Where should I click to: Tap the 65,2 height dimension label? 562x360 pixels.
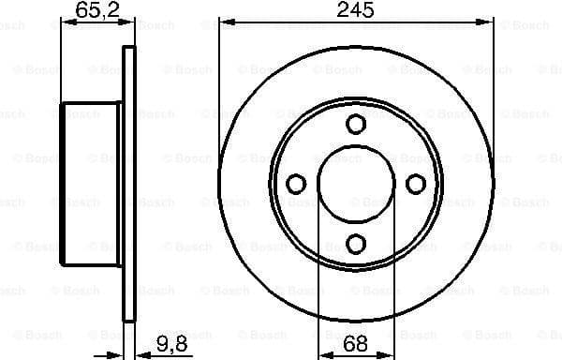coord(90,10)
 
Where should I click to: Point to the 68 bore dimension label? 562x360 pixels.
coord(354,343)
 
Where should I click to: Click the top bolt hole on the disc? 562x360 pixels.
coord(355,123)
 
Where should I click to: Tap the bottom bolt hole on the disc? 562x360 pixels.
coord(355,244)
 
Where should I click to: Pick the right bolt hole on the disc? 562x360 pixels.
coord(416,184)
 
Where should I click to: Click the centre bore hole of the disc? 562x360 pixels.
coord(355,184)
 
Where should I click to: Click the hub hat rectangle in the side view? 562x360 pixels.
coord(91,184)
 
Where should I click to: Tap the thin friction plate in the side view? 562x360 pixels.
coord(128,184)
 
